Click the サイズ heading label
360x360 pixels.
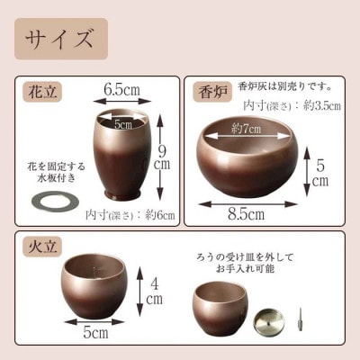tap(58, 39)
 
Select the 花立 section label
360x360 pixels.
tap(42, 91)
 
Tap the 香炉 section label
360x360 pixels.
tap(212, 93)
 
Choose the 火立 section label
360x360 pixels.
tap(42, 248)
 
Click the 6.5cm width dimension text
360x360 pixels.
tap(121, 89)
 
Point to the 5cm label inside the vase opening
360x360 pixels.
tap(123, 124)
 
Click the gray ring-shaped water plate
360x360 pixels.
tap(55, 201)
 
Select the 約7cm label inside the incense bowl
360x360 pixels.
tap(246, 129)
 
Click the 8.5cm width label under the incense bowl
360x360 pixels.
tap(246, 214)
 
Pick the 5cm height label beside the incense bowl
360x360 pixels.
tap(320, 173)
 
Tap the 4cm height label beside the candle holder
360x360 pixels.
tap(154, 292)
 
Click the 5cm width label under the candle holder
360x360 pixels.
tap(95, 332)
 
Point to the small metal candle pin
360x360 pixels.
tap(300, 319)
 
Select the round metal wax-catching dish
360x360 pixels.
tap(267, 321)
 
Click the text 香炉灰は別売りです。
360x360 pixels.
tap(284, 87)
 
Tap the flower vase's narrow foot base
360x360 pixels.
tap(122, 193)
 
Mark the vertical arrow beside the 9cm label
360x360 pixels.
tap(160, 157)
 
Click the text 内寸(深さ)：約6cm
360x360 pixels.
tap(130, 215)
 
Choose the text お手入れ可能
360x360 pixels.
tap(245, 268)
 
